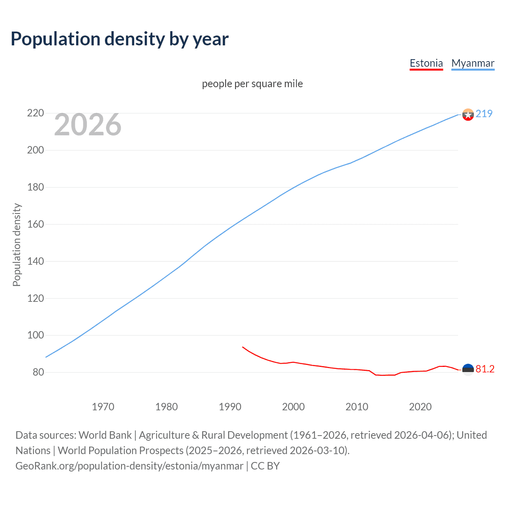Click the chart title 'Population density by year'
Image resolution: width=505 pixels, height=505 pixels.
point(120,39)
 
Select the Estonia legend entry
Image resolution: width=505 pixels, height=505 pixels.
point(426,63)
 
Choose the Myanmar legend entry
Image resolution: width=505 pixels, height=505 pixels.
point(473,63)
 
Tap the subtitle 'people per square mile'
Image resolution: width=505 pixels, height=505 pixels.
point(252,84)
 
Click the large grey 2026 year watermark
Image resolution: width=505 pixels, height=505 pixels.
point(88,125)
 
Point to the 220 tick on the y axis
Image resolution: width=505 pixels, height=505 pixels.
point(35,113)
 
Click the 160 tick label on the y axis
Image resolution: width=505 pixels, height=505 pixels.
point(35,224)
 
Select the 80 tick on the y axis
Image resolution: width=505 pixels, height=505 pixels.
point(38,372)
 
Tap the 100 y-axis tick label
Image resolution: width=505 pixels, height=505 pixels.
point(35,335)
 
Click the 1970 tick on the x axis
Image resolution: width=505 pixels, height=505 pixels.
point(103,407)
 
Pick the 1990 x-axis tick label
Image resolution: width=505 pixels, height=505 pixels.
point(230,407)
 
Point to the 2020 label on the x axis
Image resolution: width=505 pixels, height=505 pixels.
point(420,407)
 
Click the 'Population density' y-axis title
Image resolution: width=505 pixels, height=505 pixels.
point(17,245)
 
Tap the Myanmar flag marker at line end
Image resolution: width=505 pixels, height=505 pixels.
point(468,115)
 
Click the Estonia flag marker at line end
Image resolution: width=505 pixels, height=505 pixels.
point(468,370)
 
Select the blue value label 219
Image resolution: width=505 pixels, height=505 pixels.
point(484,114)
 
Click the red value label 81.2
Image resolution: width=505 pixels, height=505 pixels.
point(485,369)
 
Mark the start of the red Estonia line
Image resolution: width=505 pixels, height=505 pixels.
point(243,347)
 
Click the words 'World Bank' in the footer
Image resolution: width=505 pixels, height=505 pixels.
point(105,435)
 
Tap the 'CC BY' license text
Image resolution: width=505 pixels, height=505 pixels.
point(265,466)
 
